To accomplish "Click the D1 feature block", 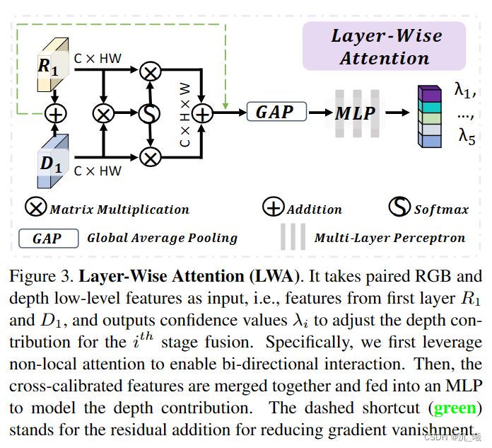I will point(53,162).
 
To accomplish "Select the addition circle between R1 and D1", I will point(55,113).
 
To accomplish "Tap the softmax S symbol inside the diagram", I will point(149,113).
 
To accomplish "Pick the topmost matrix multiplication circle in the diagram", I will point(149,70).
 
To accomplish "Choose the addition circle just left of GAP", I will point(203,113).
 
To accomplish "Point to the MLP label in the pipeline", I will point(355,113).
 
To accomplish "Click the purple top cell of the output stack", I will point(428,93).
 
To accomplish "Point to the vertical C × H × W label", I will point(184,113).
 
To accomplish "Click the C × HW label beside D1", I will point(98,171).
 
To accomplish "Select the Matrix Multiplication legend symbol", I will point(36,208).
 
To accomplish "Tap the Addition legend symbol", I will point(274,208).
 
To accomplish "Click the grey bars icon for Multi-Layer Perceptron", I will point(292,237).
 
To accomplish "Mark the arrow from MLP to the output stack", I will point(397,113).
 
